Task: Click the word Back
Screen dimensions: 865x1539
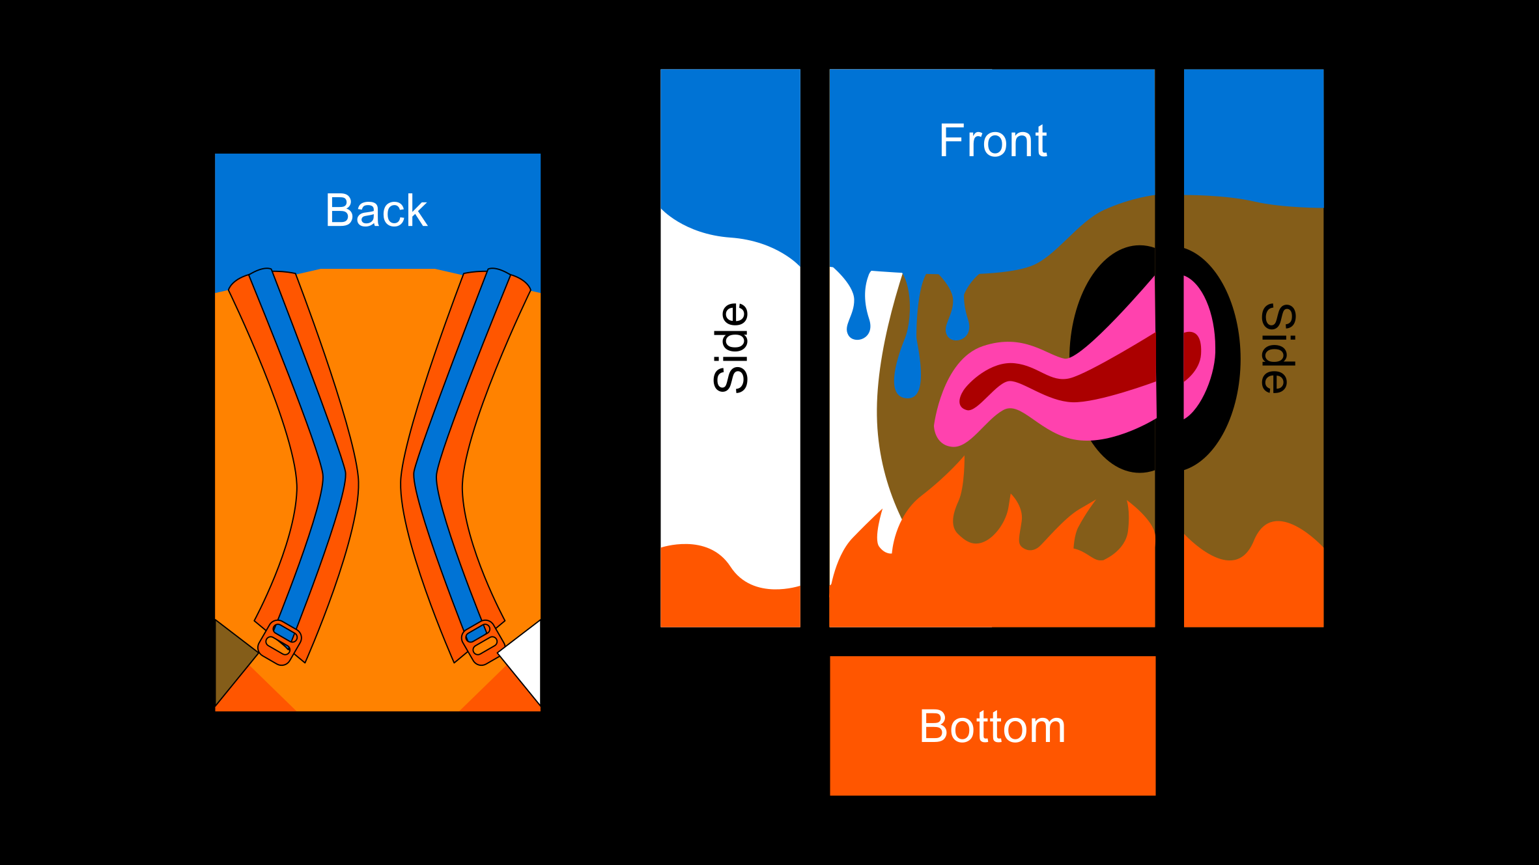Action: tap(376, 211)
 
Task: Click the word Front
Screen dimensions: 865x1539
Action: tap(993, 141)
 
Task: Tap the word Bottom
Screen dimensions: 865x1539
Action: tap(993, 726)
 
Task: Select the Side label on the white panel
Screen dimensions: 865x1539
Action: tap(731, 348)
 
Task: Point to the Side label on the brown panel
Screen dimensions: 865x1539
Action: tap(1278, 348)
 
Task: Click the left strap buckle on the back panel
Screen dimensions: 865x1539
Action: tap(280, 641)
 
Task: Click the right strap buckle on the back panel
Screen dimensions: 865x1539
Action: tap(482, 641)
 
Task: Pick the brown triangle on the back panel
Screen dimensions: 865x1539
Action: tap(231, 657)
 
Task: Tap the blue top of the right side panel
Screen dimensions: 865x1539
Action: tap(1253, 130)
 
